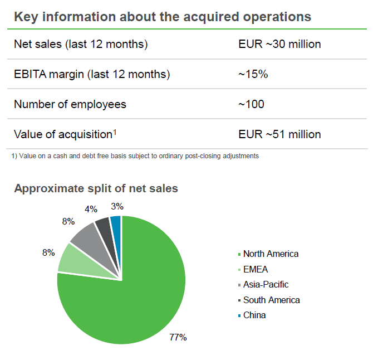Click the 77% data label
pos(178,337)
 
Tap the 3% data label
pos(117,206)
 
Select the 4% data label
pos(91,209)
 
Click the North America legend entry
pos(271,254)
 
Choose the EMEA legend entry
pos(256,269)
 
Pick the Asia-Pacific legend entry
pos(266,284)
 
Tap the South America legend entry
pos(271,300)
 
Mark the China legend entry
pos(254,315)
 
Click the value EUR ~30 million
pos(279,44)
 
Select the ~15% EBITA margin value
pos(253,74)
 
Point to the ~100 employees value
pos(251,104)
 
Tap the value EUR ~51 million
pos(279,134)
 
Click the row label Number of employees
pos(70,104)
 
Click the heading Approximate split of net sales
pos(96,188)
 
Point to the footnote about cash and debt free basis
pos(135,156)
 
